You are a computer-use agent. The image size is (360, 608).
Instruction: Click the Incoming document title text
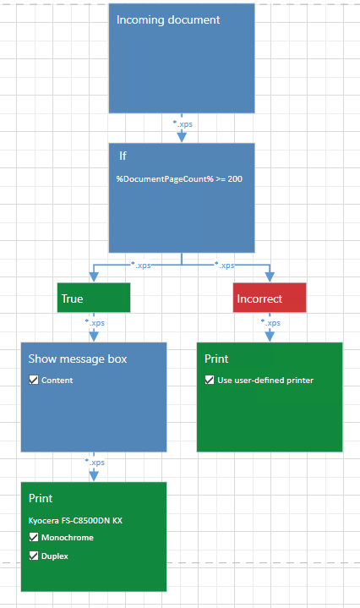(x=168, y=19)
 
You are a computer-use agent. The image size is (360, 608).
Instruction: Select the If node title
(x=123, y=156)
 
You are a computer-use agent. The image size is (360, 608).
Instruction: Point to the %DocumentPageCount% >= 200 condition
(x=179, y=178)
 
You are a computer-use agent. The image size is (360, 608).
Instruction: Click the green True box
(x=94, y=298)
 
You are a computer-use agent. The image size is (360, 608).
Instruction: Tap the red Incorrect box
(x=270, y=298)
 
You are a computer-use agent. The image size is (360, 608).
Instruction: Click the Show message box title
(x=78, y=359)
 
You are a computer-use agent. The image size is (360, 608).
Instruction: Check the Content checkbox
(x=34, y=380)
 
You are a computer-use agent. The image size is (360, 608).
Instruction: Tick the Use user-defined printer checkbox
(x=210, y=380)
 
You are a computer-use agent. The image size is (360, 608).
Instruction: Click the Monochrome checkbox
(x=34, y=537)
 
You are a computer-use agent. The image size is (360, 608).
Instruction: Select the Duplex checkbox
(x=34, y=556)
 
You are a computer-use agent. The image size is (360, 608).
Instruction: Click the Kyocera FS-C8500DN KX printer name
(x=75, y=520)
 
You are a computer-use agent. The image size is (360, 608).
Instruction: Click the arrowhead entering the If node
(x=182, y=137)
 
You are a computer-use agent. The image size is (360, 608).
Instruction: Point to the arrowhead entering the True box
(x=94, y=277)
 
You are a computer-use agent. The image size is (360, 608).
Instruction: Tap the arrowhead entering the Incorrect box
(x=270, y=277)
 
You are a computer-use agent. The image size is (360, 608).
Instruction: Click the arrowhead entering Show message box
(x=94, y=337)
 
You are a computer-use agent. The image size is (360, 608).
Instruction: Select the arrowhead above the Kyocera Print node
(x=94, y=476)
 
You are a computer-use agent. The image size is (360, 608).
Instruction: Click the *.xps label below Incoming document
(x=183, y=124)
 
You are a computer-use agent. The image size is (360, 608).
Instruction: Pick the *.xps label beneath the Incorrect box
(x=270, y=323)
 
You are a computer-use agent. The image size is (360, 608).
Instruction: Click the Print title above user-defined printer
(x=216, y=359)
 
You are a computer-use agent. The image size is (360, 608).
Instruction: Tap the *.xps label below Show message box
(x=95, y=463)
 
